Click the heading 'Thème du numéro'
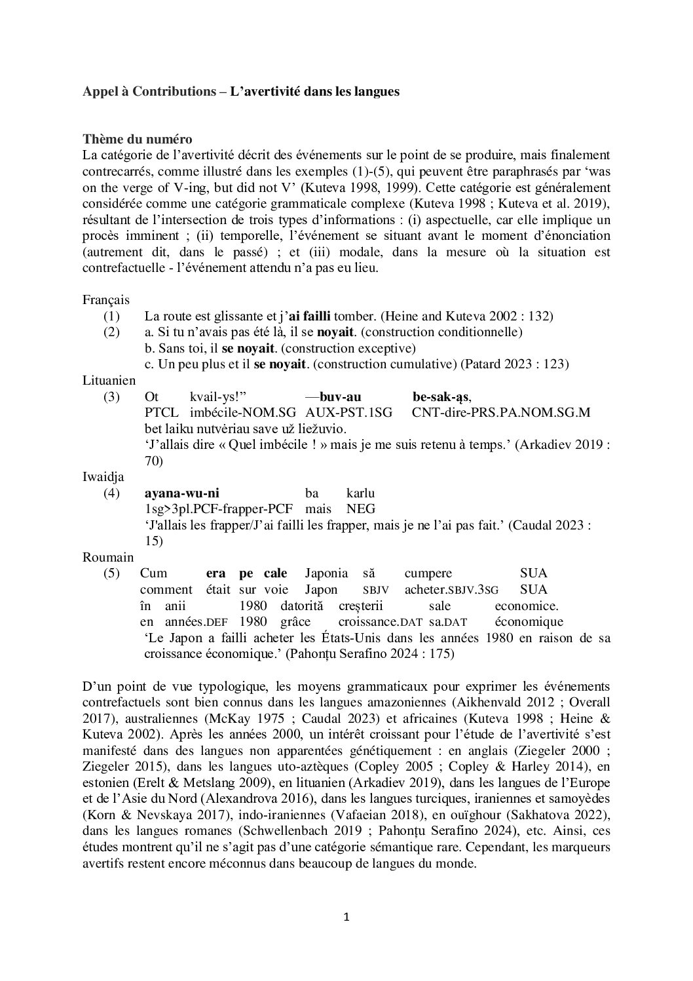click(x=137, y=140)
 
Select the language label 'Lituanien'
click(x=109, y=381)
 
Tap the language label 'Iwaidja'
click(x=103, y=477)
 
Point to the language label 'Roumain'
click(x=107, y=557)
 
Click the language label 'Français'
click(x=106, y=300)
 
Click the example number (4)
click(x=111, y=493)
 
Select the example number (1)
click(x=111, y=317)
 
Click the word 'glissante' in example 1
click(x=229, y=317)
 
